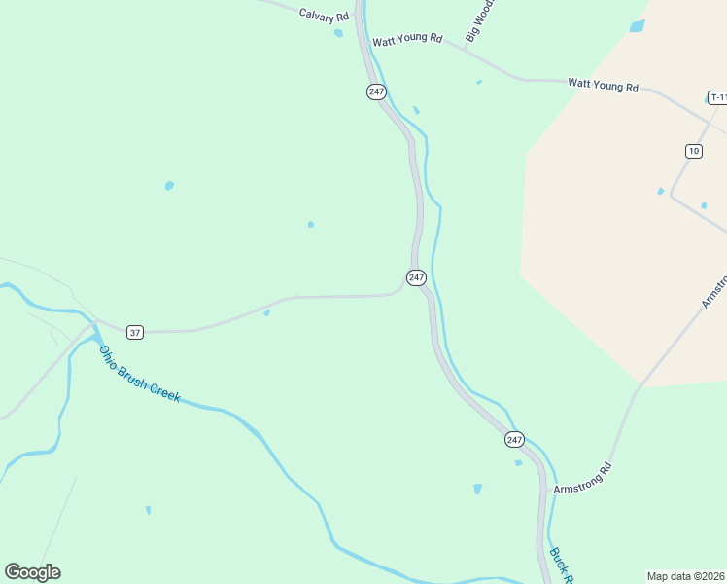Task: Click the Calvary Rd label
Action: click(324, 17)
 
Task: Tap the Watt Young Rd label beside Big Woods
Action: click(407, 40)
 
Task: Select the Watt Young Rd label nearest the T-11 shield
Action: click(603, 87)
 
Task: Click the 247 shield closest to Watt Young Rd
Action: click(377, 91)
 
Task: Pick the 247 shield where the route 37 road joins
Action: click(416, 277)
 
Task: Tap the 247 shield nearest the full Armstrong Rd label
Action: click(514, 440)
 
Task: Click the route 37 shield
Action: click(135, 333)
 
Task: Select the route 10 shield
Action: click(693, 150)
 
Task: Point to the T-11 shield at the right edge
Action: click(717, 97)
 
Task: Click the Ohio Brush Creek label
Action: click(139, 375)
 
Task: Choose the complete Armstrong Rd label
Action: click(583, 478)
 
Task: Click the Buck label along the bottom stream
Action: click(559, 565)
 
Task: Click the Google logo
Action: click(32, 572)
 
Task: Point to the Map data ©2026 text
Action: click(685, 576)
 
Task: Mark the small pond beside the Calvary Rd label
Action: click(338, 33)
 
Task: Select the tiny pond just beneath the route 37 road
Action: click(266, 312)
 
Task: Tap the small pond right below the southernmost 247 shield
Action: click(518, 462)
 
